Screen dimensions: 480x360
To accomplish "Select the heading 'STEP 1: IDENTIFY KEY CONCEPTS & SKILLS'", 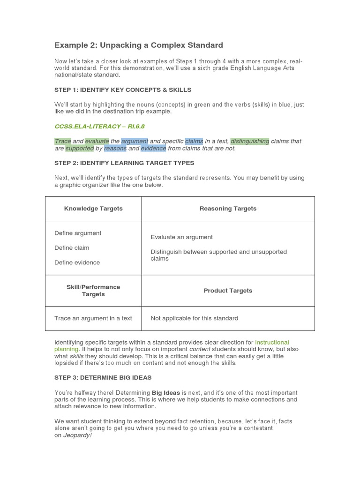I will pos(123,90).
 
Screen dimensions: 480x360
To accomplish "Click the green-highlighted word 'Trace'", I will pos(62,141).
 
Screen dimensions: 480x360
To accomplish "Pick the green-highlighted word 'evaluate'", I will pos(97,141).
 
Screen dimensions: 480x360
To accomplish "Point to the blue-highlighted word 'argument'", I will pos(135,141).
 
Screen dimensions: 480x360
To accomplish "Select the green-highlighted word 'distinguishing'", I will pos(249,141).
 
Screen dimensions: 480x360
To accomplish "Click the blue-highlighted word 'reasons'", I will pos(115,149).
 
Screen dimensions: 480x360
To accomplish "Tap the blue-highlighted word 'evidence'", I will pos(153,149).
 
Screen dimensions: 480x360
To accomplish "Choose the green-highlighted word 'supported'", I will pos(79,149).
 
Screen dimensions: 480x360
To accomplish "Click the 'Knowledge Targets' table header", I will pos(93,209).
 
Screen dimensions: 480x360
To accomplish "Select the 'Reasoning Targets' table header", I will pos(228,209).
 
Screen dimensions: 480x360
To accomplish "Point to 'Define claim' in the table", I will pos(72,247).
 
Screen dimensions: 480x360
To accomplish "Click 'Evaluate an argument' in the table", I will pos(181,237).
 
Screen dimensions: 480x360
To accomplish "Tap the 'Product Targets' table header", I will pos(228,291).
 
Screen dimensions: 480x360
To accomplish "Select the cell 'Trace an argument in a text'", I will pos(93,318).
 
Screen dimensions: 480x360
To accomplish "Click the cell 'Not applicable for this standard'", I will pos(194,318).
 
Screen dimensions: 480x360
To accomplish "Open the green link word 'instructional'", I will pos(272,343).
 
